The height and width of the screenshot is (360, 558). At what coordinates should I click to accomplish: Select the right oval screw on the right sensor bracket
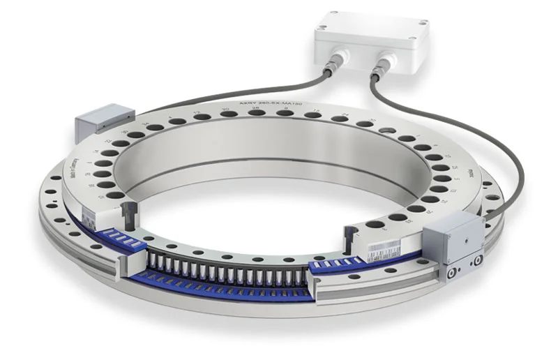tap(477, 263)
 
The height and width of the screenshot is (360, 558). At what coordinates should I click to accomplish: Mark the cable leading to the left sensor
tap(209, 98)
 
